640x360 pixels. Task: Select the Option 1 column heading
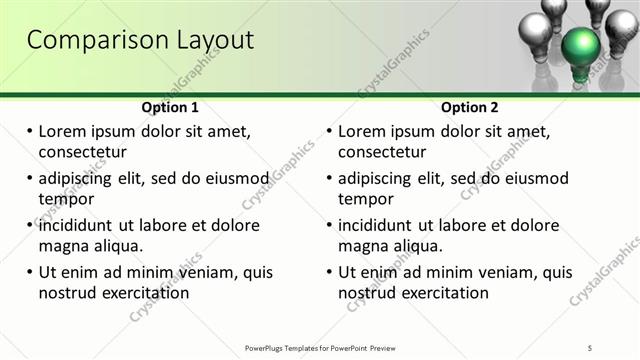[170, 107]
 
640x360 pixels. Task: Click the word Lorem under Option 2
[364, 131]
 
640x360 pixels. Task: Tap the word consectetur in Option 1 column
[82, 152]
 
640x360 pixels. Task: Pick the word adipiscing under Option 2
[377, 178]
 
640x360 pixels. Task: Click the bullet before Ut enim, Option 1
[29, 272]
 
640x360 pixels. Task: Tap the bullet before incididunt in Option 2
[329, 225]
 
